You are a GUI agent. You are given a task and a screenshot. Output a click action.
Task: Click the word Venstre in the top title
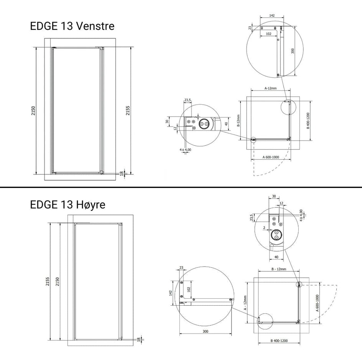tap(95, 26)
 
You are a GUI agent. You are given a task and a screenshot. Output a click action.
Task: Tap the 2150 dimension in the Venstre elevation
tap(33, 111)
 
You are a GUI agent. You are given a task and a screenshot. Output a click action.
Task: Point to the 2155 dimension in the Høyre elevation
tap(47, 281)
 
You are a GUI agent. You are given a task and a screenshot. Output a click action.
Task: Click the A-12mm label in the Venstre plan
tap(270, 88)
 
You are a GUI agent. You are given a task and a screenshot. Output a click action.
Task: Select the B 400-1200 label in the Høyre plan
tap(279, 341)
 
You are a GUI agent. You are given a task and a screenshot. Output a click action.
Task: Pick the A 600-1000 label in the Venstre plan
tap(271, 157)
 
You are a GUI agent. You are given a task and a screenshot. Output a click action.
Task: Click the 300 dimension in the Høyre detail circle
tap(205, 331)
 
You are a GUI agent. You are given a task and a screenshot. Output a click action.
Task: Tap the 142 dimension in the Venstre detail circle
tap(272, 15)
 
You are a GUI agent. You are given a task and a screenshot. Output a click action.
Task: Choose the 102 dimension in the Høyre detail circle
tap(189, 290)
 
